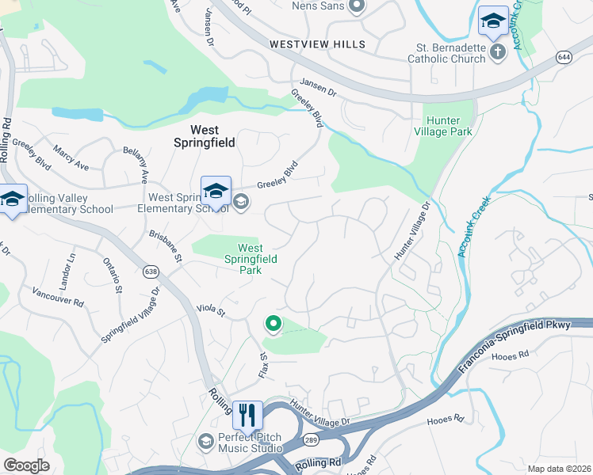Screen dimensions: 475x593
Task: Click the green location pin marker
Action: coord(274,323)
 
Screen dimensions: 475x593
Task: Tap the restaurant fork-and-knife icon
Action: coord(247,414)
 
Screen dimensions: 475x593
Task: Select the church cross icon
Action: coord(497,52)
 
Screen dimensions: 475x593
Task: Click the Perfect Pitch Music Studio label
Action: coord(250,442)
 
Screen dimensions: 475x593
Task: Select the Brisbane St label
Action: coord(166,247)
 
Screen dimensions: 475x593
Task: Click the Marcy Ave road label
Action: coord(71,158)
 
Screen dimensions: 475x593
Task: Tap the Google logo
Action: coord(26,465)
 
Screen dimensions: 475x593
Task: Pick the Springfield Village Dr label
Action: coord(130,314)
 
